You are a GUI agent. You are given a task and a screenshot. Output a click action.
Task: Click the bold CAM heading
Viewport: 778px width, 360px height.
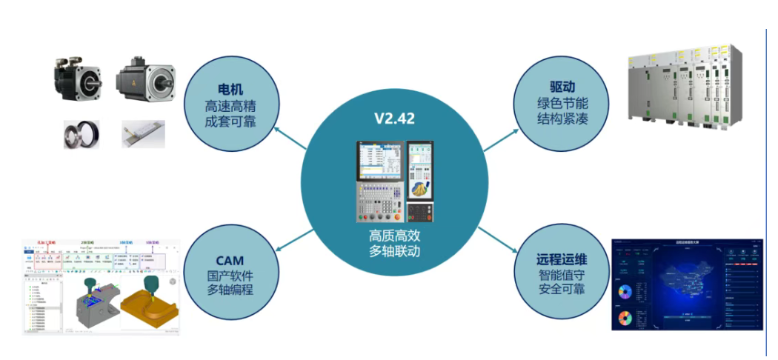(x=230, y=260)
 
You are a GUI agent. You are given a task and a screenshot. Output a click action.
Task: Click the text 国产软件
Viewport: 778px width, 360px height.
(x=230, y=276)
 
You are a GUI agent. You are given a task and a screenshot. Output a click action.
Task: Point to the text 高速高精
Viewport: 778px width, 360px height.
(x=230, y=104)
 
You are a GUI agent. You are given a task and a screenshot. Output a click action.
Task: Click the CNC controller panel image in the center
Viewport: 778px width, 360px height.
(x=394, y=181)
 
